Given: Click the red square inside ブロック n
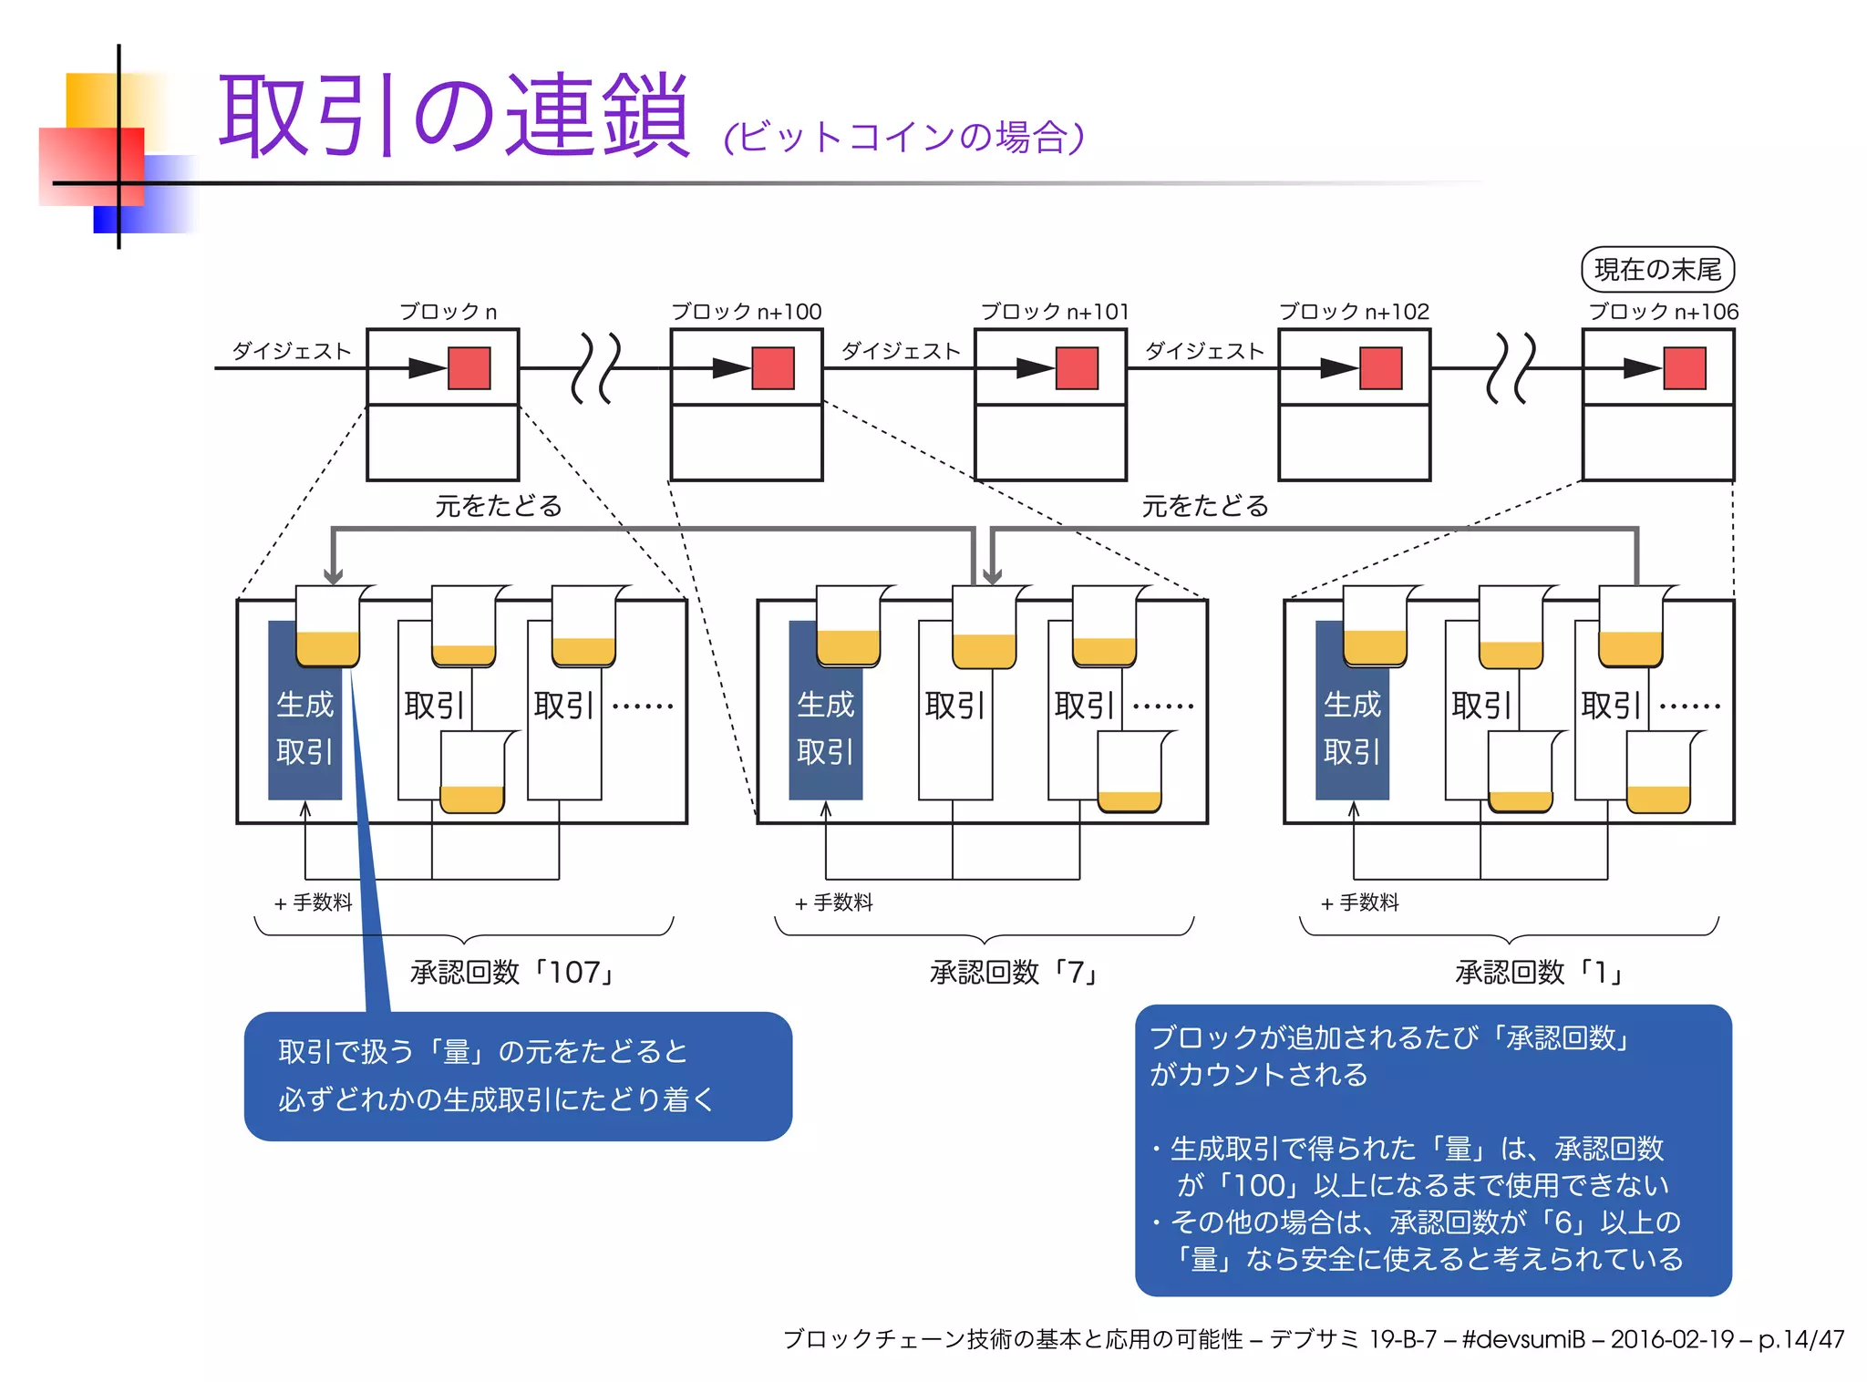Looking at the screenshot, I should pyautogui.click(x=469, y=368).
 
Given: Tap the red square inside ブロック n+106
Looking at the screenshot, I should pyautogui.click(x=1684, y=368).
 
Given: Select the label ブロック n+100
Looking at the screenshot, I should pyautogui.click(x=746, y=312).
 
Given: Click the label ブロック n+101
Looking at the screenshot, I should pyautogui.click(x=1054, y=312).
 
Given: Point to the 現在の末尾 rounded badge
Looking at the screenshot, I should pyautogui.click(x=1656, y=270).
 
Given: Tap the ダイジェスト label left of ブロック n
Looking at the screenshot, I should pyautogui.click(x=291, y=351).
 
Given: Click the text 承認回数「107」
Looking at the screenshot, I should pyautogui.click(x=513, y=973).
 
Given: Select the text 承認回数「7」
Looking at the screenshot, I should pyautogui.click(x=1015, y=973).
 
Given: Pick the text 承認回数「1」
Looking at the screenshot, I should pyautogui.click(x=1540, y=973).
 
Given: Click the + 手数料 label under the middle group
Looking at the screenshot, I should pyautogui.click(x=833, y=902).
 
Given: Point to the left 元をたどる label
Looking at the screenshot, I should pyautogui.click(x=498, y=506).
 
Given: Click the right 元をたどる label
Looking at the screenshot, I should pyautogui.click(x=1204, y=506).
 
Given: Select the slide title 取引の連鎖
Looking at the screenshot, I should pyautogui.click(x=453, y=117).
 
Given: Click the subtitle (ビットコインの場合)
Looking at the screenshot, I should pyautogui.click(x=903, y=138).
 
